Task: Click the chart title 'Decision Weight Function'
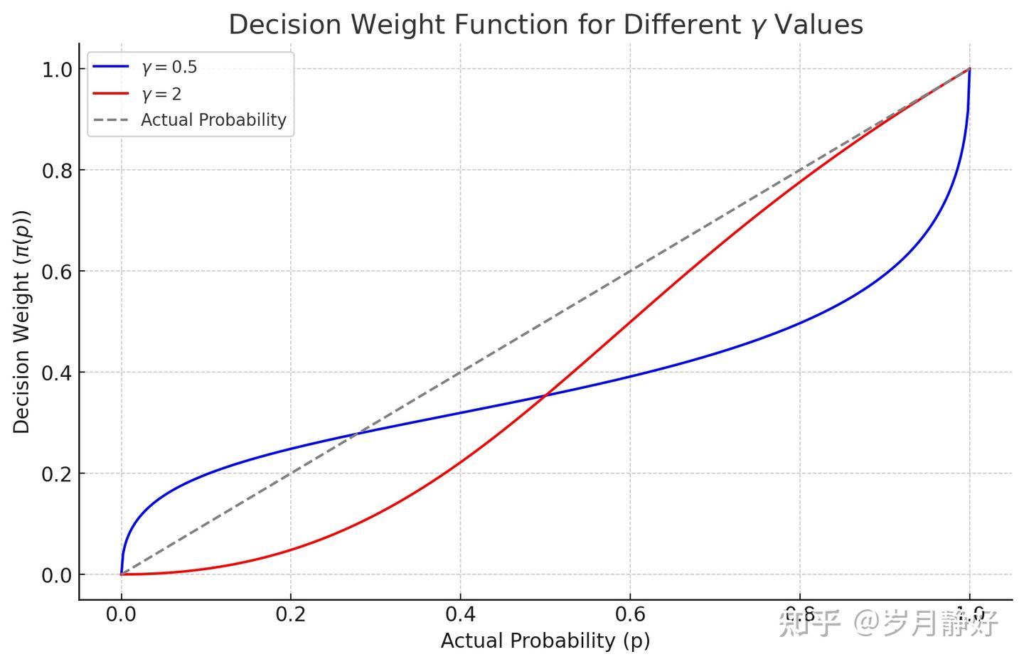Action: [x=545, y=25]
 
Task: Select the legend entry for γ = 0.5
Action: [x=169, y=68]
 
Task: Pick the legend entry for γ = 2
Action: [x=161, y=94]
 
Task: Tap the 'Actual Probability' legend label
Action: [x=213, y=120]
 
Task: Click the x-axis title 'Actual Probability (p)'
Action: [x=545, y=641]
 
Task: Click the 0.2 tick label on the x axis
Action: [x=290, y=614]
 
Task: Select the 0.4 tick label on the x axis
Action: [x=460, y=614]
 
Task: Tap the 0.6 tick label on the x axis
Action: [x=630, y=614]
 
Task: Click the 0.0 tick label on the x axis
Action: [x=121, y=614]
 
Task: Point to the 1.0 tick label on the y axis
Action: [x=57, y=70]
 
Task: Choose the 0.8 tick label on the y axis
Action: [x=57, y=171]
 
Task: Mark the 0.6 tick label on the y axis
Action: [x=57, y=272]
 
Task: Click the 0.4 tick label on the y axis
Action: [x=57, y=373]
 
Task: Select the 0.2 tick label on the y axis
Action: [x=57, y=473]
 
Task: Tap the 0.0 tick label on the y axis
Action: [x=57, y=575]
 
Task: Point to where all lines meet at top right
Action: [x=969, y=69]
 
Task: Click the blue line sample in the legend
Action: [x=110, y=68]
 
